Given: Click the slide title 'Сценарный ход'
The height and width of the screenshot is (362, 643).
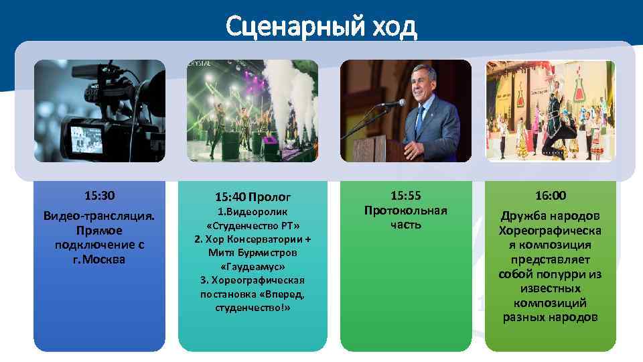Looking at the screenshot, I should [x=321, y=26].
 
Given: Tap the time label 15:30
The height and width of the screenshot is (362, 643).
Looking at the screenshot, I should [x=99, y=196].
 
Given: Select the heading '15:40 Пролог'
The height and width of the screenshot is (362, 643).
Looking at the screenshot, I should [x=253, y=197].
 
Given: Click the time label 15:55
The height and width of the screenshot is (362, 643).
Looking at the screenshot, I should [x=405, y=196].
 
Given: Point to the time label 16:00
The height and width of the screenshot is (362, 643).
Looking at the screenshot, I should [x=550, y=196].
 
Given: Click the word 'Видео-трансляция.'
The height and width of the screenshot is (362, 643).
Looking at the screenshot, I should [x=99, y=216].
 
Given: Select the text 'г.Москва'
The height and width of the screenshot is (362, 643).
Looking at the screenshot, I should [x=99, y=259].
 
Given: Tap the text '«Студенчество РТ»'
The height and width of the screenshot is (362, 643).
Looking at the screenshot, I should [x=253, y=225].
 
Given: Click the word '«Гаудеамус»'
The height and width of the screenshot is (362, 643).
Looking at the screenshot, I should [x=253, y=266].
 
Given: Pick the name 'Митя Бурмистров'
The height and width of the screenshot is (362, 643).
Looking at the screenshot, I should [x=253, y=253].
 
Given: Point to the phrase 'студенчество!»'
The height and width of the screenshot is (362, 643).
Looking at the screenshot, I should [x=253, y=308].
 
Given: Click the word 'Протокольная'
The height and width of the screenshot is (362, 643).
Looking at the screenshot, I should [x=405, y=210].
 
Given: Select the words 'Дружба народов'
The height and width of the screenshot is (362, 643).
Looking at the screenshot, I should [x=550, y=216].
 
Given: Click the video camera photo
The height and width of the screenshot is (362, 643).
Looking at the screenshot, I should [x=99, y=111].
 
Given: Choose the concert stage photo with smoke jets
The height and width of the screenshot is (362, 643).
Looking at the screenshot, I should [x=253, y=111].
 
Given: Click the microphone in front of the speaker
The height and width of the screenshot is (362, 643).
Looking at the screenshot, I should [x=392, y=103].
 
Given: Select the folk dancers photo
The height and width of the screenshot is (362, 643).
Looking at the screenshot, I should [x=550, y=111].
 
